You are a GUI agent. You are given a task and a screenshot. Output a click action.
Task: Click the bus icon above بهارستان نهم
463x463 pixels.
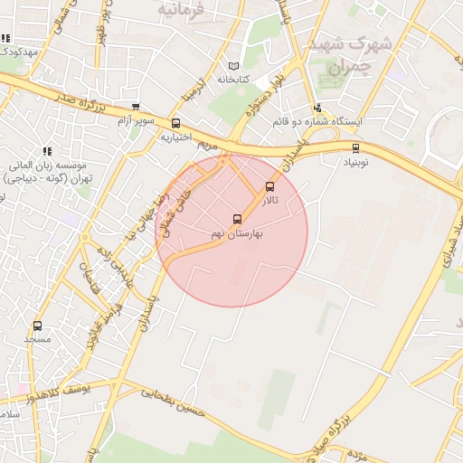click(237, 219)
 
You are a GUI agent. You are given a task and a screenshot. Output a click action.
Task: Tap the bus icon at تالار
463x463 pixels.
click(269, 186)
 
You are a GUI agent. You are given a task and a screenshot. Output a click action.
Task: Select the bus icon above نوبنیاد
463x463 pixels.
click(354, 148)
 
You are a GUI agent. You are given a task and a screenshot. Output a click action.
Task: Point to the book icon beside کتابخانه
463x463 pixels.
click(235, 66)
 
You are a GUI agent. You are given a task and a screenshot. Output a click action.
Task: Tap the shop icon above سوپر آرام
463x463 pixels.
click(136, 107)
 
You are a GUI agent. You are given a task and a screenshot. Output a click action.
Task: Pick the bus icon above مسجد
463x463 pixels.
click(37, 326)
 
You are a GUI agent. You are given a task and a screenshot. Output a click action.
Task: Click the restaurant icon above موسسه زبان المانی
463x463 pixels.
click(46, 151)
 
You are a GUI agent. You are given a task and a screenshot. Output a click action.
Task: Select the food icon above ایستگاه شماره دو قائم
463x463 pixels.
click(317, 108)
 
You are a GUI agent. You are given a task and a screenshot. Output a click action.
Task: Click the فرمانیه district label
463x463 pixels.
click(181, 9)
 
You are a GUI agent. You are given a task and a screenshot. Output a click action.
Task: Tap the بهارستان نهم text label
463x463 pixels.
click(238, 233)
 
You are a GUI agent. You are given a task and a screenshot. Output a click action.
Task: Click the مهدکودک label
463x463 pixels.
click(18, 52)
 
